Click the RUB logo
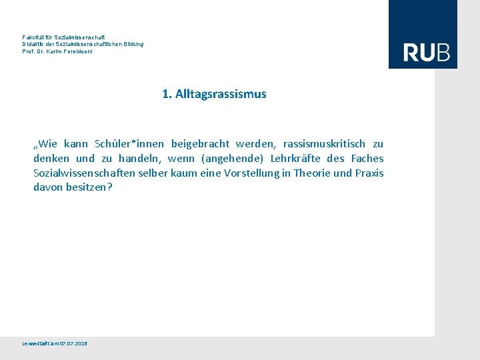click(x=426, y=52)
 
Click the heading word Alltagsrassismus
click(x=221, y=94)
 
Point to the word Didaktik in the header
click(x=33, y=44)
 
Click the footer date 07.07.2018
click(x=73, y=343)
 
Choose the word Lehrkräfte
click(x=295, y=159)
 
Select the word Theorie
click(x=312, y=173)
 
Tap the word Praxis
click(x=369, y=173)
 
